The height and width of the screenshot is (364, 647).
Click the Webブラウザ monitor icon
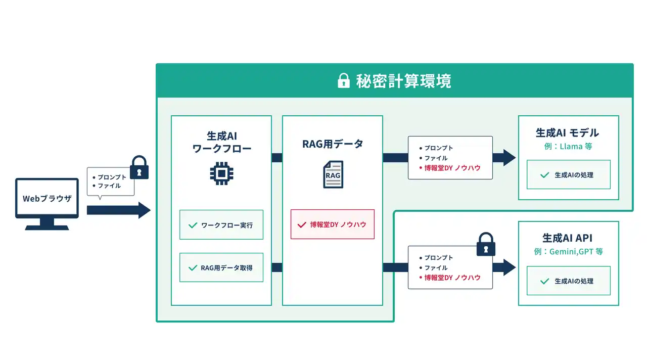click(47, 204)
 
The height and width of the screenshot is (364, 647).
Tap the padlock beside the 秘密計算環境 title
click(343, 80)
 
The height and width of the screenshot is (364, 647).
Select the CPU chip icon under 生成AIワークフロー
click(221, 173)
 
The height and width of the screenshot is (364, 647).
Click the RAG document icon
click(333, 174)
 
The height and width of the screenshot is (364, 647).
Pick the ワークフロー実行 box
click(221, 225)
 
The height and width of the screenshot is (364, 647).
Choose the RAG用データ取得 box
click(221, 267)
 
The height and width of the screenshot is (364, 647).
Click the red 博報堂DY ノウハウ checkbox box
click(333, 224)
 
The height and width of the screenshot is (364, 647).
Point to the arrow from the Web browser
click(119, 210)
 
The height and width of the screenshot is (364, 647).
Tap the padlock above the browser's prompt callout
click(139, 167)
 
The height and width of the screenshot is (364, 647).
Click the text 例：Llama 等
click(568, 147)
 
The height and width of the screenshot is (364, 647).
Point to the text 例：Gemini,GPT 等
click(568, 252)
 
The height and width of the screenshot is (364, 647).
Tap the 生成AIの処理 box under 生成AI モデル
click(569, 174)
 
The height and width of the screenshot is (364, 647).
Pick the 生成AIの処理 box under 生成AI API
click(569, 281)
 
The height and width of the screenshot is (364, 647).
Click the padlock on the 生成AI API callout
click(486, 244)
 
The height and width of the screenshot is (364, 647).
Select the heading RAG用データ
click(333, 144)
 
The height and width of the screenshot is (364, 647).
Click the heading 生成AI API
click(567, 238)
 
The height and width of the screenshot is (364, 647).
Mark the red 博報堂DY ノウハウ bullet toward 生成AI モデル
click(450, 168)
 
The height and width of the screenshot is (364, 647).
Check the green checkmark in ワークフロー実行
click(193, 225)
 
